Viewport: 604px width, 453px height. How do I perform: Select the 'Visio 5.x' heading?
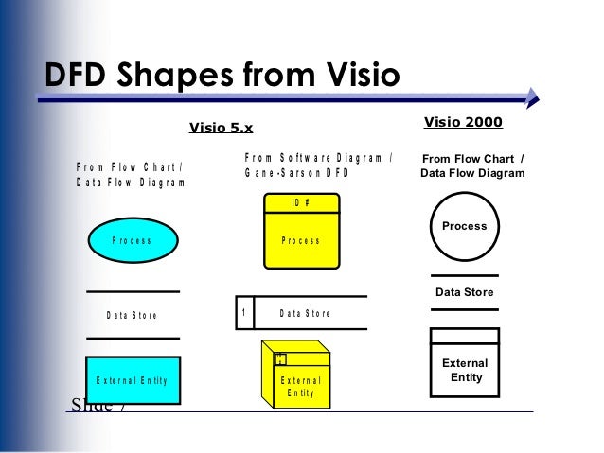(x=222, y=128)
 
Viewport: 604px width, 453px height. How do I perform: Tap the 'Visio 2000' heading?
(x=463, y=122)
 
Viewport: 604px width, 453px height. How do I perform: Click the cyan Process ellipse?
(x=132, y=240)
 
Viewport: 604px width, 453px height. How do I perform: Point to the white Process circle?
(x=464, y=227)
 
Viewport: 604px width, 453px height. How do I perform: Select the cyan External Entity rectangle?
(x=132, y=380)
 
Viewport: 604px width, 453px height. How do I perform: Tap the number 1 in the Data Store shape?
(x=244, y=313)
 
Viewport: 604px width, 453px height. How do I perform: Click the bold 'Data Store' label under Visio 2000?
(x=464, y=292)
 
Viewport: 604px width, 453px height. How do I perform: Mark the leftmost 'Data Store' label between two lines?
(x=132, y=315)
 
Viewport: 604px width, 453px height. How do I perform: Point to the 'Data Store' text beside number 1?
(x=306, y=313)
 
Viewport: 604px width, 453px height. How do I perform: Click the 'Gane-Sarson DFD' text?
(x=297, y=174)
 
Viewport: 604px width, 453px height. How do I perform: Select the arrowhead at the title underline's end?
(x=532, y=95)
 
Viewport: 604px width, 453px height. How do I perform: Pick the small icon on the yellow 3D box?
(x=280, y=358)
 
